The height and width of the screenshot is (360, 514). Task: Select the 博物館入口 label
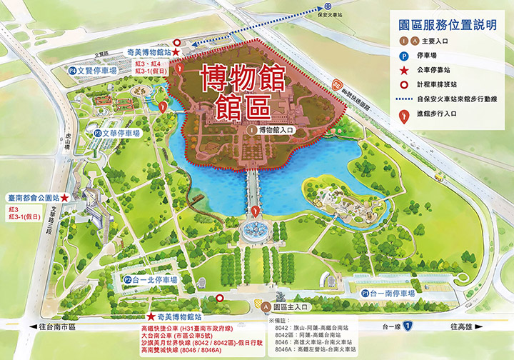click(273, 131)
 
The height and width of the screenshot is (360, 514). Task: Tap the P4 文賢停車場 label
click(92, 71)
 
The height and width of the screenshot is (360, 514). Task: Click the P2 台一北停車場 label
click(149, 280)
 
